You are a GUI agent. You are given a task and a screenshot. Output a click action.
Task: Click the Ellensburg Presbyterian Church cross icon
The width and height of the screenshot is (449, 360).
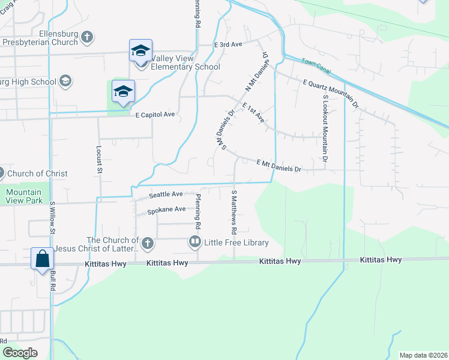tap(87, 37)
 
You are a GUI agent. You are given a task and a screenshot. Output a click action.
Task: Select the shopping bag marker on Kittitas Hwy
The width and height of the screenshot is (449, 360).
tap(43, 259)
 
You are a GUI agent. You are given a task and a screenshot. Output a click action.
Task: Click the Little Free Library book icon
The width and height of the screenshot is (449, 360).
tap(195, 242)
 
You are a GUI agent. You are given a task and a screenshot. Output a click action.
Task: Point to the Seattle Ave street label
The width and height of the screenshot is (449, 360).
tap(166, 194)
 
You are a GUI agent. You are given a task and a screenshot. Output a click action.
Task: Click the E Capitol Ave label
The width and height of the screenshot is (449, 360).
tap(154, 115)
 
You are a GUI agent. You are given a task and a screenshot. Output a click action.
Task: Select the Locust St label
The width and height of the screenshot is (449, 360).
tap(98, 159)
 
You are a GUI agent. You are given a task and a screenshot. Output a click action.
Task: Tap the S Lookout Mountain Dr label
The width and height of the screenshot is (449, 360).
tap(325, 128)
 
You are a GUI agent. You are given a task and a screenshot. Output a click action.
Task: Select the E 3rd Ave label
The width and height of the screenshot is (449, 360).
tap(228, 45)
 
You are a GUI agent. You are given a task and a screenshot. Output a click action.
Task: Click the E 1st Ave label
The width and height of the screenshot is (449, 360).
tap(253, 112)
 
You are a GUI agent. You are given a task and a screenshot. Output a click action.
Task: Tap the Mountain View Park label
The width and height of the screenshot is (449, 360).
tap(24, 196)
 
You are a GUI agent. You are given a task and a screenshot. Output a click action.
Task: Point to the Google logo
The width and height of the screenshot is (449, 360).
tap(20, 353)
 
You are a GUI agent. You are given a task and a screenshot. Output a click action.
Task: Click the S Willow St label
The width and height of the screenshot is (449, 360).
tap(53, 217)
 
